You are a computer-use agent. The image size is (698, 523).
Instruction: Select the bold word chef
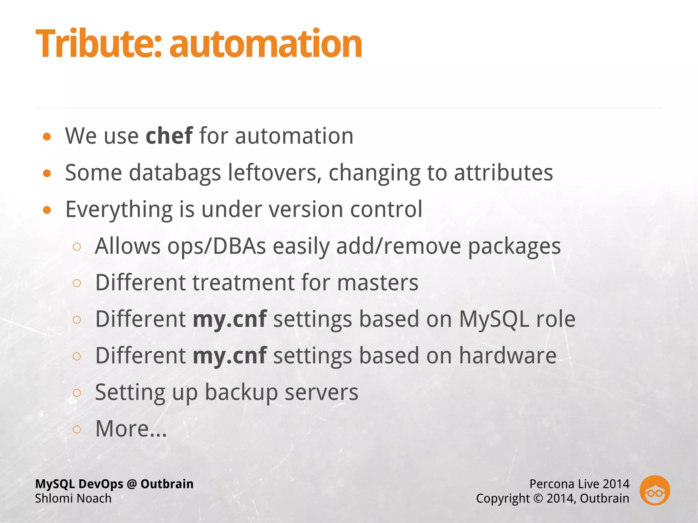(x=169, y=136)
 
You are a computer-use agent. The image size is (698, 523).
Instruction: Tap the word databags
(x=175, y=173)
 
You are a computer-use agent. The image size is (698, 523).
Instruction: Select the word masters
(x=377, y=282)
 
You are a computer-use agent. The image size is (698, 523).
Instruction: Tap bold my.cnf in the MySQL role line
(x=229, y=319)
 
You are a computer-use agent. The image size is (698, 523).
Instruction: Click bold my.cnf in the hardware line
(x=229, y=356)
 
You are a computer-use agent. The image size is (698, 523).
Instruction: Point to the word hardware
(x=507, y=356)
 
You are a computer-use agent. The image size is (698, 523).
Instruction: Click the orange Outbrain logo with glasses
(x=654, y=490)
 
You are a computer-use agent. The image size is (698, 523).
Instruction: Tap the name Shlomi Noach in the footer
(x=73, y=498)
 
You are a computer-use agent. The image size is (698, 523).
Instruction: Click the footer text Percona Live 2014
(x=579, y=484)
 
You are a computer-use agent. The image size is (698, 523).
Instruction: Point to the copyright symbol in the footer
(x=538, y=498)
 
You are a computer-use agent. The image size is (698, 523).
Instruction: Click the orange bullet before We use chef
(x=47, y=137)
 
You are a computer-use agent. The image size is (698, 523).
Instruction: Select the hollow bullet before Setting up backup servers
(x=77, y=393)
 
